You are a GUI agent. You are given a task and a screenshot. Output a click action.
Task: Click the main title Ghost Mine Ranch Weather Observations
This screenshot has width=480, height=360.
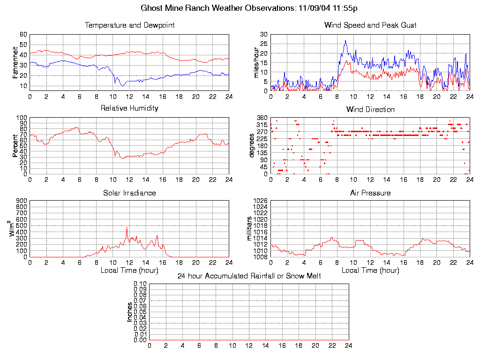(250, 8)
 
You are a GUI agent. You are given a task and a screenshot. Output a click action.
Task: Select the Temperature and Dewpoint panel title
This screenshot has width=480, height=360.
(129, 25)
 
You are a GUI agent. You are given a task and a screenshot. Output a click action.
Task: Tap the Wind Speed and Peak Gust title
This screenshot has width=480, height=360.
(370, 25)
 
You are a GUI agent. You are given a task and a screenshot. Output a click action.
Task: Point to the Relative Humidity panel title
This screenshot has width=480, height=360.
(129, 108)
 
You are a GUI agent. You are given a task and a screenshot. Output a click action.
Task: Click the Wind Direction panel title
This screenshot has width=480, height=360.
(370, 110)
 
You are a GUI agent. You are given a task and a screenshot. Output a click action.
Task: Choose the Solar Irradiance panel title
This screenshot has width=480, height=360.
(129, 193)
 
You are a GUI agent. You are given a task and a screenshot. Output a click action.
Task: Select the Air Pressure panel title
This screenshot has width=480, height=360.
(370, 193)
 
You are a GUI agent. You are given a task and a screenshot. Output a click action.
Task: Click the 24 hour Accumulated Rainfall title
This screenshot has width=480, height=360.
(249, 276)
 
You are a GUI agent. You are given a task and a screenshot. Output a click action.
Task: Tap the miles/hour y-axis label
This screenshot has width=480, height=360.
(256, 62)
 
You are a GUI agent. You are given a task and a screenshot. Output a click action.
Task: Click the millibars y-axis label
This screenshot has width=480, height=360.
(249, 228)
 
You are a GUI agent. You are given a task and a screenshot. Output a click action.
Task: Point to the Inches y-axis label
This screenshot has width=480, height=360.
(130, 312)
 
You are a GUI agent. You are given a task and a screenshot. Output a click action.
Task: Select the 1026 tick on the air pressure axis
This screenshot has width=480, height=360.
(260, 201)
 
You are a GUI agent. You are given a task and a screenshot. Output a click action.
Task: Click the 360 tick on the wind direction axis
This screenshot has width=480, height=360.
(262, 118)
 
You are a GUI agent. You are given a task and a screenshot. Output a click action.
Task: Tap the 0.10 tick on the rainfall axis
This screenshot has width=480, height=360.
(140, 284)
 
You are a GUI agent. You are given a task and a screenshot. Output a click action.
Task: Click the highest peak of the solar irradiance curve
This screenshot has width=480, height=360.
(127, 227)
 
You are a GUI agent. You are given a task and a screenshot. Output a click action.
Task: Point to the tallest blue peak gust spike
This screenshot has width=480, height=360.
(345, 41)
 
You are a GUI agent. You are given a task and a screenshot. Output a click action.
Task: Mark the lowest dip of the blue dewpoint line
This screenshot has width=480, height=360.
(122, 86)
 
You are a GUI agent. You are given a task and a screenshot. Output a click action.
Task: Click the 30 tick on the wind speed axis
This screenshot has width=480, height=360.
(263, 35)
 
